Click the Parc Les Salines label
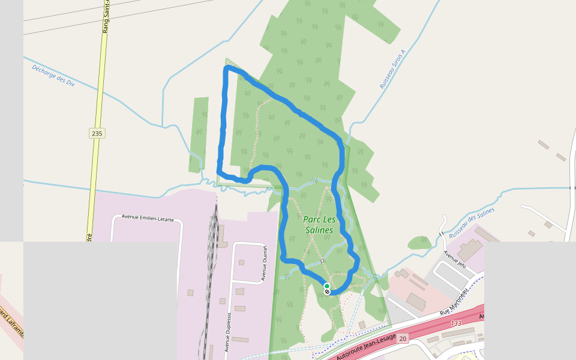click(x=318, y=225)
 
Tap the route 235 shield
click(x=97, y=133)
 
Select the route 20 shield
click(x=402, y=338)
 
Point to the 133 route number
click(x=456, y=323)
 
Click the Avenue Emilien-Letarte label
click(x=148, y=218)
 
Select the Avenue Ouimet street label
click(x=263, y=262)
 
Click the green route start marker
click(x=326, y=286)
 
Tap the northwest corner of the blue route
click(x=227, y=70)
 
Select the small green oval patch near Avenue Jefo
click(x=419, y=242)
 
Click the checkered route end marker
click(x=327, y=292)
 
